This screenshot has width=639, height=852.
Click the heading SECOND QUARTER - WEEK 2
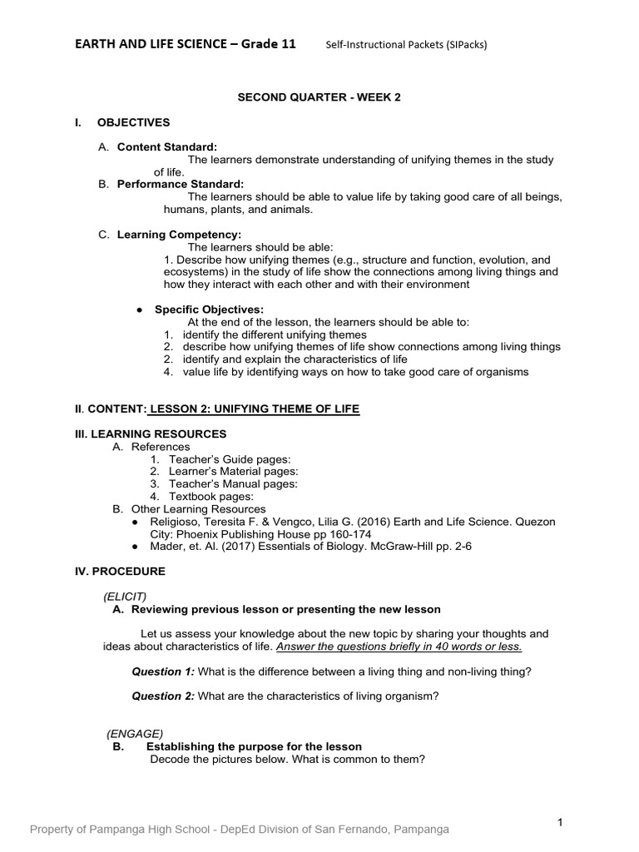coord(319,97)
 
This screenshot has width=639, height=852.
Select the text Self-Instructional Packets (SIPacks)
coord(405,45)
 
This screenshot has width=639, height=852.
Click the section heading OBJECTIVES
coord(133,122)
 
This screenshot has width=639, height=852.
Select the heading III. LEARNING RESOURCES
coord(150,434)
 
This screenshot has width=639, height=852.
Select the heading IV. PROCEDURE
coord(120,572)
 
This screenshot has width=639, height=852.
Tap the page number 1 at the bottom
coord(561,823)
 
